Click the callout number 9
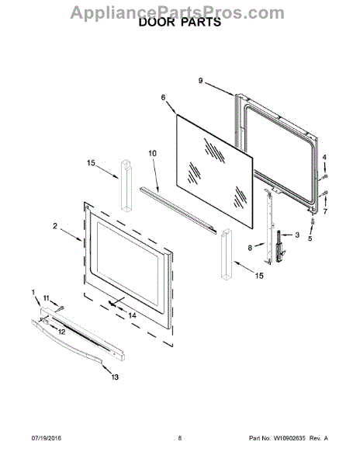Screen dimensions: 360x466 [201, 81]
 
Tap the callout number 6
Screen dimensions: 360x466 [163, 98]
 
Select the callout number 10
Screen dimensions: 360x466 [153, 153]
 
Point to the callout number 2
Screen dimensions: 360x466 [55, 226]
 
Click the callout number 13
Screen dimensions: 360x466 [115, 377]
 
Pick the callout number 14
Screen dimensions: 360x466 [133, 315]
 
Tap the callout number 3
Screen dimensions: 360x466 [297, 235]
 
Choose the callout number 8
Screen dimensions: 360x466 [250, 247]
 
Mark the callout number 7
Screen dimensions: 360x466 [325, 211]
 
